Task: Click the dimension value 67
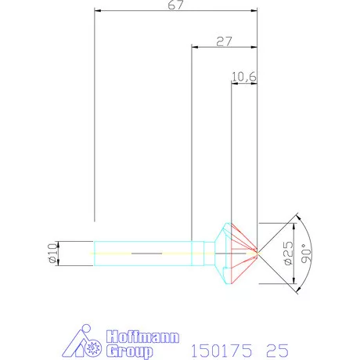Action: tap(176, 5)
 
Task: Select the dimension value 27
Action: tap(224, 41)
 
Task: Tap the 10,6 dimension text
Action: tap(244, 77)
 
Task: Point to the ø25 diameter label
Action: tap(288, 254)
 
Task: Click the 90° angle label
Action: tap(306, 253)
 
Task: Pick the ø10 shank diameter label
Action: tap(52, 253)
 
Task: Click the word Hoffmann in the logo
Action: tap(142, 337)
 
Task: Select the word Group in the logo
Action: tap(130, 351)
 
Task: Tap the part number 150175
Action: tap(221, 351)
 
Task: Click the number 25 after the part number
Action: tap(277, 351)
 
